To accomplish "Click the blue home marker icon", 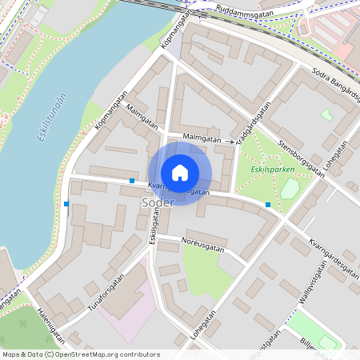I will point(180,173).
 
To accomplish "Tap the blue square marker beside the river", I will point(66,204).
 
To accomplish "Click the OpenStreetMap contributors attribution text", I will point(80,354).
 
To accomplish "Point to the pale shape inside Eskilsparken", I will point(290,189).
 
